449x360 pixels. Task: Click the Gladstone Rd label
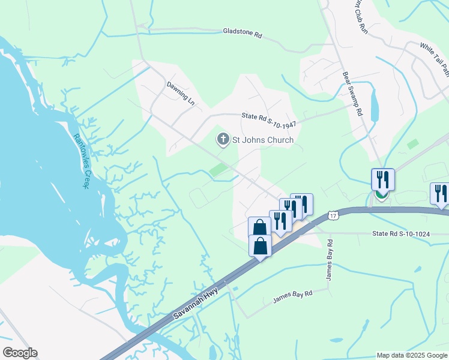tap(243, 34)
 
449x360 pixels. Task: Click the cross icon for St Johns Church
tap(223, 140)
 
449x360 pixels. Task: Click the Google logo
tap(19, 353)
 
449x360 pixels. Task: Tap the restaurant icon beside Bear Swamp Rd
tap(382, 179)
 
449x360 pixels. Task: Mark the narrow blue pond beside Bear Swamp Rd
tap(375, 106)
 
